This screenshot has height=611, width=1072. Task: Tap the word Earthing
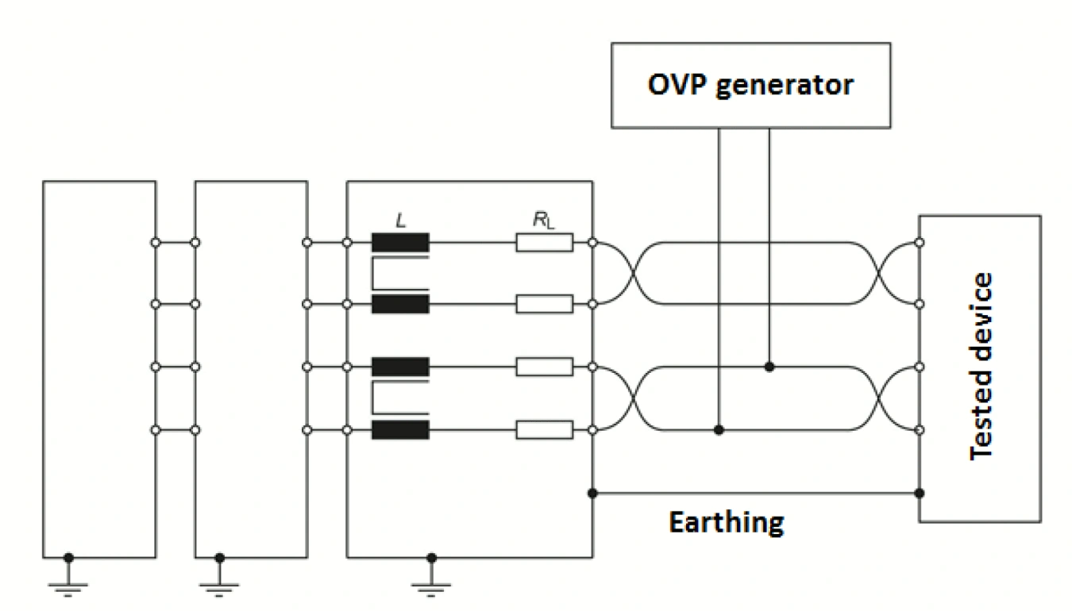point(726,523)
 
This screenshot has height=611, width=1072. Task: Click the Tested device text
point(982,366)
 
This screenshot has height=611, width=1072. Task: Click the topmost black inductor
point(400,242)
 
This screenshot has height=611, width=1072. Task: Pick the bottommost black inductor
point(400,430)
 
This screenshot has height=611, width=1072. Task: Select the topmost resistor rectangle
point(544,242)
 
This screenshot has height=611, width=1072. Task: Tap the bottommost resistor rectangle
point(544,430)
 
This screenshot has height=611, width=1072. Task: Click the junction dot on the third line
point(769,367)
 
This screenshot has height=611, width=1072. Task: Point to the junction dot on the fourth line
point(719,430)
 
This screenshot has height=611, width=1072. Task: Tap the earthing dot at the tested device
point(920,493)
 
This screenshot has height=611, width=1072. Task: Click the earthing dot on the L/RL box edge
point(592,493)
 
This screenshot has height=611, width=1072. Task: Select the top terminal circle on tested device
point(920,242)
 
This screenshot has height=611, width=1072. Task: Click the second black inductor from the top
point(400,304)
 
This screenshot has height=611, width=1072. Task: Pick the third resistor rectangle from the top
point(544,367)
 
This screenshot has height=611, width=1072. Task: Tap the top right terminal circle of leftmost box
point(156,242)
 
